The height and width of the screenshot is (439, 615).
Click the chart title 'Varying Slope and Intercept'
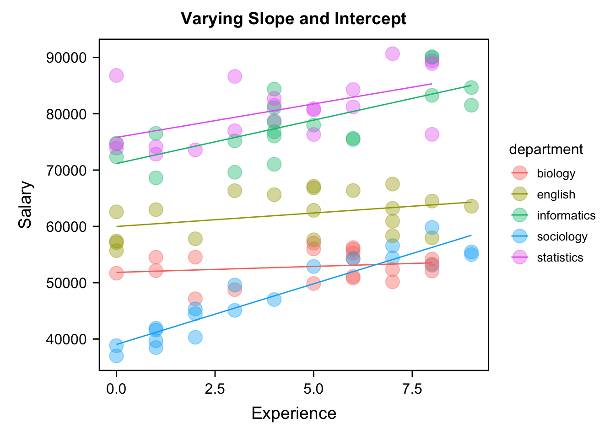pyautogui.click(x=293, y=19)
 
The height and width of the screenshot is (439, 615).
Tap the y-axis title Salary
pyautogui.click(x=26, y=204)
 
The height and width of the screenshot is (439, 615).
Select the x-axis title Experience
pyautogui.click(x=294, y=413)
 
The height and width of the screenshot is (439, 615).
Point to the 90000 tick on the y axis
pyautogui.click(x=66, y=58)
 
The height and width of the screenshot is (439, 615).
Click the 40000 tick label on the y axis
pyautogui.click(x=66, y=339)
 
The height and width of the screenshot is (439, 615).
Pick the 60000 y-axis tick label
pyautogui.click(x=66, y=227)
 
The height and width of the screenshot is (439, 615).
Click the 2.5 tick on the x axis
pyautogui.click(x=215, y=389)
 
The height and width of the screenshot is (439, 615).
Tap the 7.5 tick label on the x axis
pyautogui.click(x=412, y=389)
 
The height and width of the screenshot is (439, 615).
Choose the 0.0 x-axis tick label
pyautogui.click(x=116, y=389)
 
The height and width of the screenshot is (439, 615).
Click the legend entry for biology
pyautogui.click(x=556, y=174)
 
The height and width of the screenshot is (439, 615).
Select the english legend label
pyautogui.click(x=556, y=195)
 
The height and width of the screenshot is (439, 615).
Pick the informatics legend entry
pyautogui.click(x=566, y=215)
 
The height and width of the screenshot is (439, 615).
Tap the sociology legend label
pyautogui.click(x=562, y=236)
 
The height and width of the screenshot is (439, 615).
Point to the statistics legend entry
pyautogui.click(x=560, y=257)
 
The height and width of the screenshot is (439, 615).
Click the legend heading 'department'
pyautogui.click(x=546, y=150)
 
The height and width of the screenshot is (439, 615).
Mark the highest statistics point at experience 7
pyautogui.click(x=392, y=54)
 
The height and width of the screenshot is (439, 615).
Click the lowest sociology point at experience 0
pyautogui.click(x=116, y=356)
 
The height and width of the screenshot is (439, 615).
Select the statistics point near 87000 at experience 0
pyautogui.click(x=116, y=75)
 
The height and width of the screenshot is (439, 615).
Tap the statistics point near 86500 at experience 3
pyautogui.click(x=235, y=76)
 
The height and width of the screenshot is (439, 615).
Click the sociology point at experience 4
pyautogui.click(x=274, y=300)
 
